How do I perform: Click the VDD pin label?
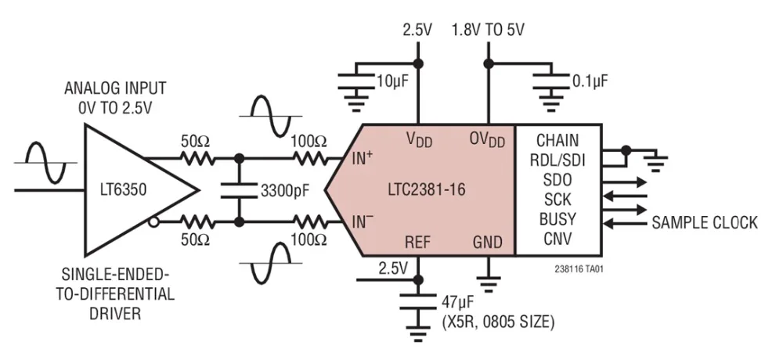pyautogui.click(x=420, y=140)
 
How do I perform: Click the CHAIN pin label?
pyautogui.click(x=557, y=141)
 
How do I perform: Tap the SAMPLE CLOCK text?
pyautogui.click(x=705, y=223)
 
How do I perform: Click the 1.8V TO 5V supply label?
pyautogui.click(x=488, y=30)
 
